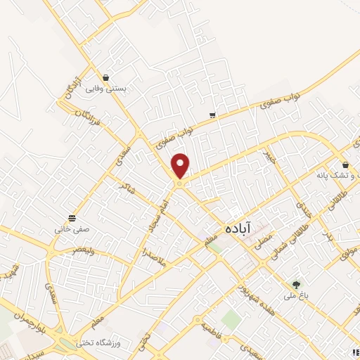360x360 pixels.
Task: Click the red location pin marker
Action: tap(181, 165)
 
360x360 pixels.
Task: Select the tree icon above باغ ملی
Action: tap(296, 285)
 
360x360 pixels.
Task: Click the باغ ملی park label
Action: tap(296, 297)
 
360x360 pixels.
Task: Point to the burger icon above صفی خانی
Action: tap(72, 218)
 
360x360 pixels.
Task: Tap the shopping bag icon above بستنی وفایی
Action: tap(105, 78)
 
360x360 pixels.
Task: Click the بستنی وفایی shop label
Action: tap(105, 89)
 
